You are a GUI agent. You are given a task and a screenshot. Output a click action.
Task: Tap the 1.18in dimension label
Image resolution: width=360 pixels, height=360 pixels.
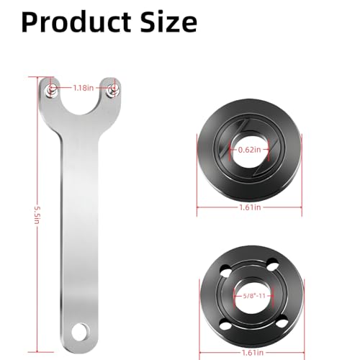point(83,88)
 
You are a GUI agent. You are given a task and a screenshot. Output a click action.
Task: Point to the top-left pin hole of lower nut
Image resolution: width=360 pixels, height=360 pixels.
point(224,271)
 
